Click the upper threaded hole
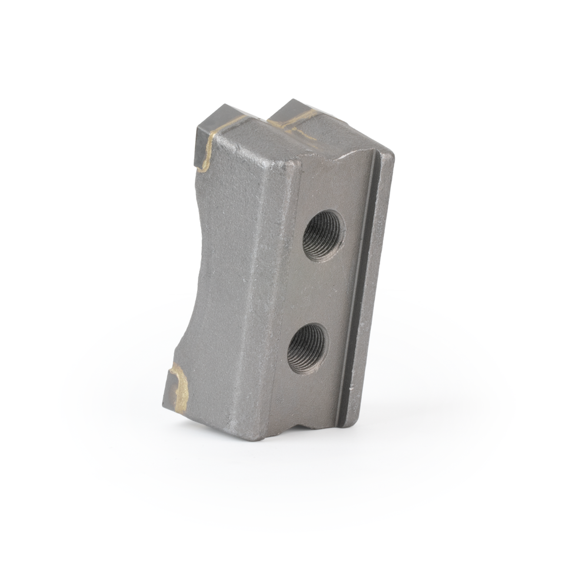tap(323, 235)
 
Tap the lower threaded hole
tap(307, 348)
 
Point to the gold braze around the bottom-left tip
tap(182, 385)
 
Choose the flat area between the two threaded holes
tap(315, 292)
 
